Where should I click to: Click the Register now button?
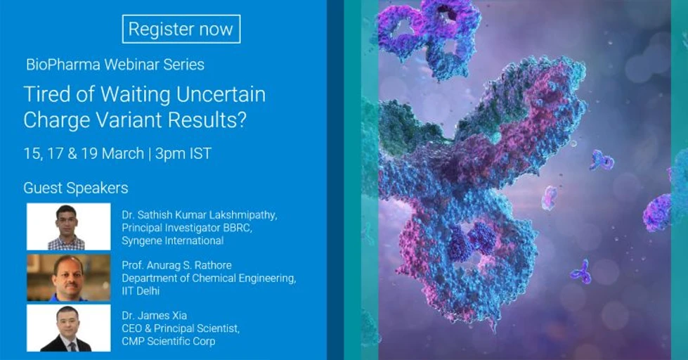[181, 29]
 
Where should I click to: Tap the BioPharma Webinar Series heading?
[115, 65]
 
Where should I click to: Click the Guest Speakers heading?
[76, 188]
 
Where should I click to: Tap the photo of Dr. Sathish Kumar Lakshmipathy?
[68, 226]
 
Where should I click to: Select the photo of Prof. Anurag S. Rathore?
[68, 277]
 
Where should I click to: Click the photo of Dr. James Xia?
[68, 328]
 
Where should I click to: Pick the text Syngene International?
[172, 240]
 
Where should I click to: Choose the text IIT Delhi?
[143, 291]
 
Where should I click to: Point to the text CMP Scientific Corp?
[168, 342]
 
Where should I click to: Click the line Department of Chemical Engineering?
[209, 278]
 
